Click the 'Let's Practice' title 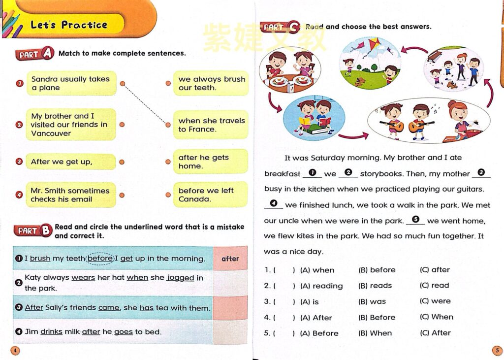(69, 25)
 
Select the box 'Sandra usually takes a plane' (70, 83)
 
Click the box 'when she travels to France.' (211, 125)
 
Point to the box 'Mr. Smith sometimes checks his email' (70, 195)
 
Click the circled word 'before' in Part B (100, 259)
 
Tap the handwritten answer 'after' (230, 259)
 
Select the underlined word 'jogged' (180, 278)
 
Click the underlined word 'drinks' (51, 332)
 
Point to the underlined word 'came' (109, 308)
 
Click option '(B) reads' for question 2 (375, 286)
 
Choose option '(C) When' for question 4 (437, 317)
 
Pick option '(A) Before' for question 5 (319, 333)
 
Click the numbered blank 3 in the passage (481, 173)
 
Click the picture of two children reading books (314, 118)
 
